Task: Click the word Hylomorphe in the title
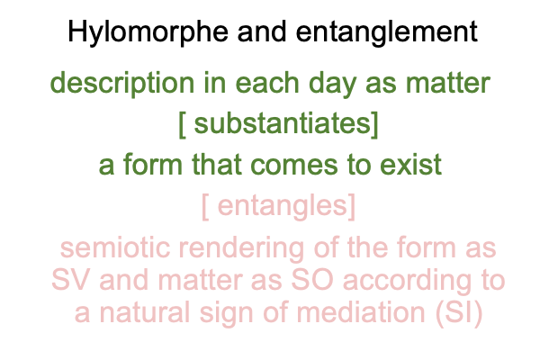pyautogui.click(x=148, y=32)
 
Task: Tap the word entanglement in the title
pyautogui.click(x=387, y=32)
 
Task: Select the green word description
pyautogui.click(x=122, y=84)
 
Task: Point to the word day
pyautogui.click(x=332, y=84)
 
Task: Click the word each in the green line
pyautogui.click(x=267, y=83)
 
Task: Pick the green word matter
pyautogui.click(x=448, y=84)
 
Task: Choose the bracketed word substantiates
pyautogui.click(x=278, y=124)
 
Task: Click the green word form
pyautogui.click(x=153, y=164)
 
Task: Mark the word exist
pyautogui.click(x=410, y=165)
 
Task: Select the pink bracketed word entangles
pyautogui.click(x=278, y=206)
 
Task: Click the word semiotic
pyautogui.click(x=115, y=247)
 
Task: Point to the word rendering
pyautogui.click(x=241, y=248)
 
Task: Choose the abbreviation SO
pyautogui.click(x=312, y=280)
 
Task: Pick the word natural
pyautogui.click(x=145, y=312)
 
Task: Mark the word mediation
pyautogui.click(x=361, y=312)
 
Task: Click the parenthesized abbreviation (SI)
pyautogui.click(x=459, y=313)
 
